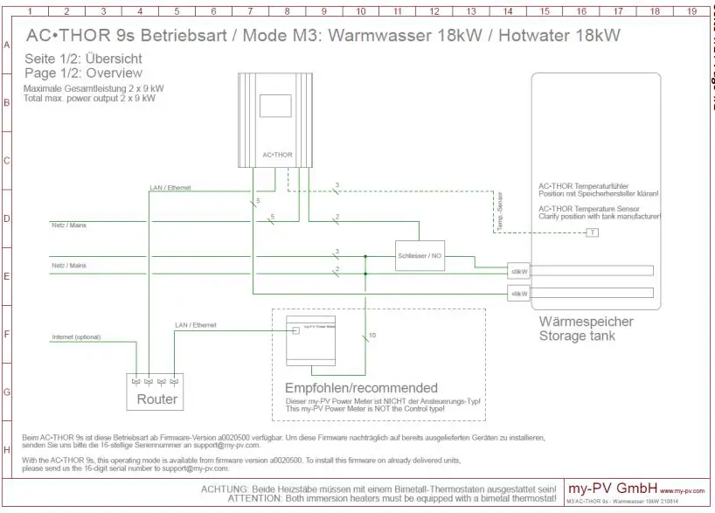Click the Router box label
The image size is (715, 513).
(x=157, y=399)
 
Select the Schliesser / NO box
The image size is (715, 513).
(x=420, y=256)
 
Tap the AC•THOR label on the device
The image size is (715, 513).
(x=278, y=155)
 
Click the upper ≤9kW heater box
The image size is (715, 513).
(x=519, y=271)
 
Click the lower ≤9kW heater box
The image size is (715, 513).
(x=519, y=295)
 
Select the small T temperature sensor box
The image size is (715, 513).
(x=592, y=232)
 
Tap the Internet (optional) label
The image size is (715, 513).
(x=76, y=337)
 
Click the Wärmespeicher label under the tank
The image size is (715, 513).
(x=586, y=322)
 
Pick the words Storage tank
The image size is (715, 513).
(x=577, y=336)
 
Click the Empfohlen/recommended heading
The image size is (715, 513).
(x=362, y=388)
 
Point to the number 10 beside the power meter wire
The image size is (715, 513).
(x=373, y=336)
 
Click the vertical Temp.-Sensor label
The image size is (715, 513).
(x=500, y=212)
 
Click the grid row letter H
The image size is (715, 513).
(x=7, y=449)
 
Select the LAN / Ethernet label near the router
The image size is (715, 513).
(x=195, y=324)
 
